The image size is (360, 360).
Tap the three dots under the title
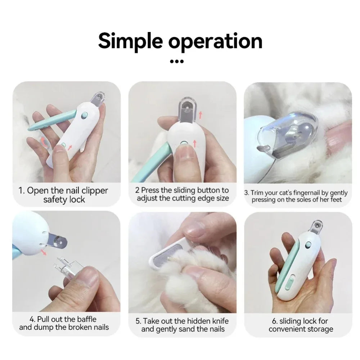(176, 61)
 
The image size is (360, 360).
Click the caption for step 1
(63, 195)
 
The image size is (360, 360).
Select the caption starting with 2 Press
(183, 194)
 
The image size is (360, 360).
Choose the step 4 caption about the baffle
(64, 323)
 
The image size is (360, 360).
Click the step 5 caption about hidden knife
(183, 325)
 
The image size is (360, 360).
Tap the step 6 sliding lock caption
(301, 325)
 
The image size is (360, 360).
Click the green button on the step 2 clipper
(184, 144)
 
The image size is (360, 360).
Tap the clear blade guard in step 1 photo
(97, 99)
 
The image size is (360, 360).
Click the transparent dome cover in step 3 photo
(288, 133)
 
